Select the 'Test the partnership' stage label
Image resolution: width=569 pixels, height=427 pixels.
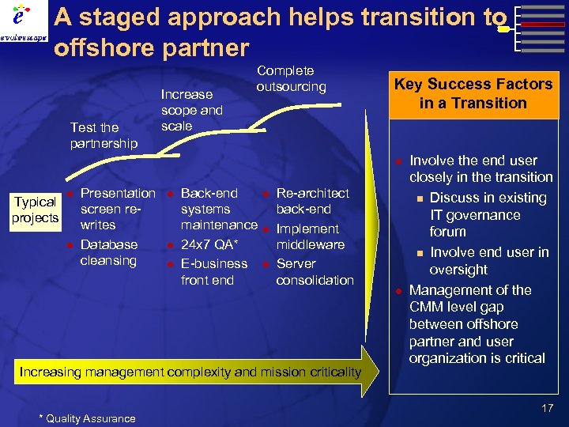pos(103,135)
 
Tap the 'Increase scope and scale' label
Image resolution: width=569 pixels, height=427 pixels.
pos(191,110)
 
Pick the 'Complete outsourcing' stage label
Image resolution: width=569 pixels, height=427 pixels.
pos(291,78)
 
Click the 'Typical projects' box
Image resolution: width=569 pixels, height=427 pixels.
pos(36,210)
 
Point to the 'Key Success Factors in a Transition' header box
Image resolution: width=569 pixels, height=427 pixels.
pos(473,93)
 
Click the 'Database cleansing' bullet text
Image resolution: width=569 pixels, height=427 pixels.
pos(109,252)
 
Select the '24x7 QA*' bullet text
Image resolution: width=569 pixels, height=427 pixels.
pos(210,244)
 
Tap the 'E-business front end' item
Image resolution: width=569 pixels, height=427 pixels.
pos(213,271)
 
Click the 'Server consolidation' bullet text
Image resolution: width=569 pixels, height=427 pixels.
pos(315,271)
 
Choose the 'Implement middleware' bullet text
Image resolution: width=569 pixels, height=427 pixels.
pos(310,236)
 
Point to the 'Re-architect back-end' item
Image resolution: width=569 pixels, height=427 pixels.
pos(312,201)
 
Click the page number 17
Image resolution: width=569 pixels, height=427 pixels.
pos(547,408)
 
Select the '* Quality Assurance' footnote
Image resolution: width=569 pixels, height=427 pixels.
pos(87,418)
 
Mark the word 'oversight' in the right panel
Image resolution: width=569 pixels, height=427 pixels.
pos(458,270)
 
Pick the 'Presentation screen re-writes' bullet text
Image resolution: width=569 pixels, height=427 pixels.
pos(117,209)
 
